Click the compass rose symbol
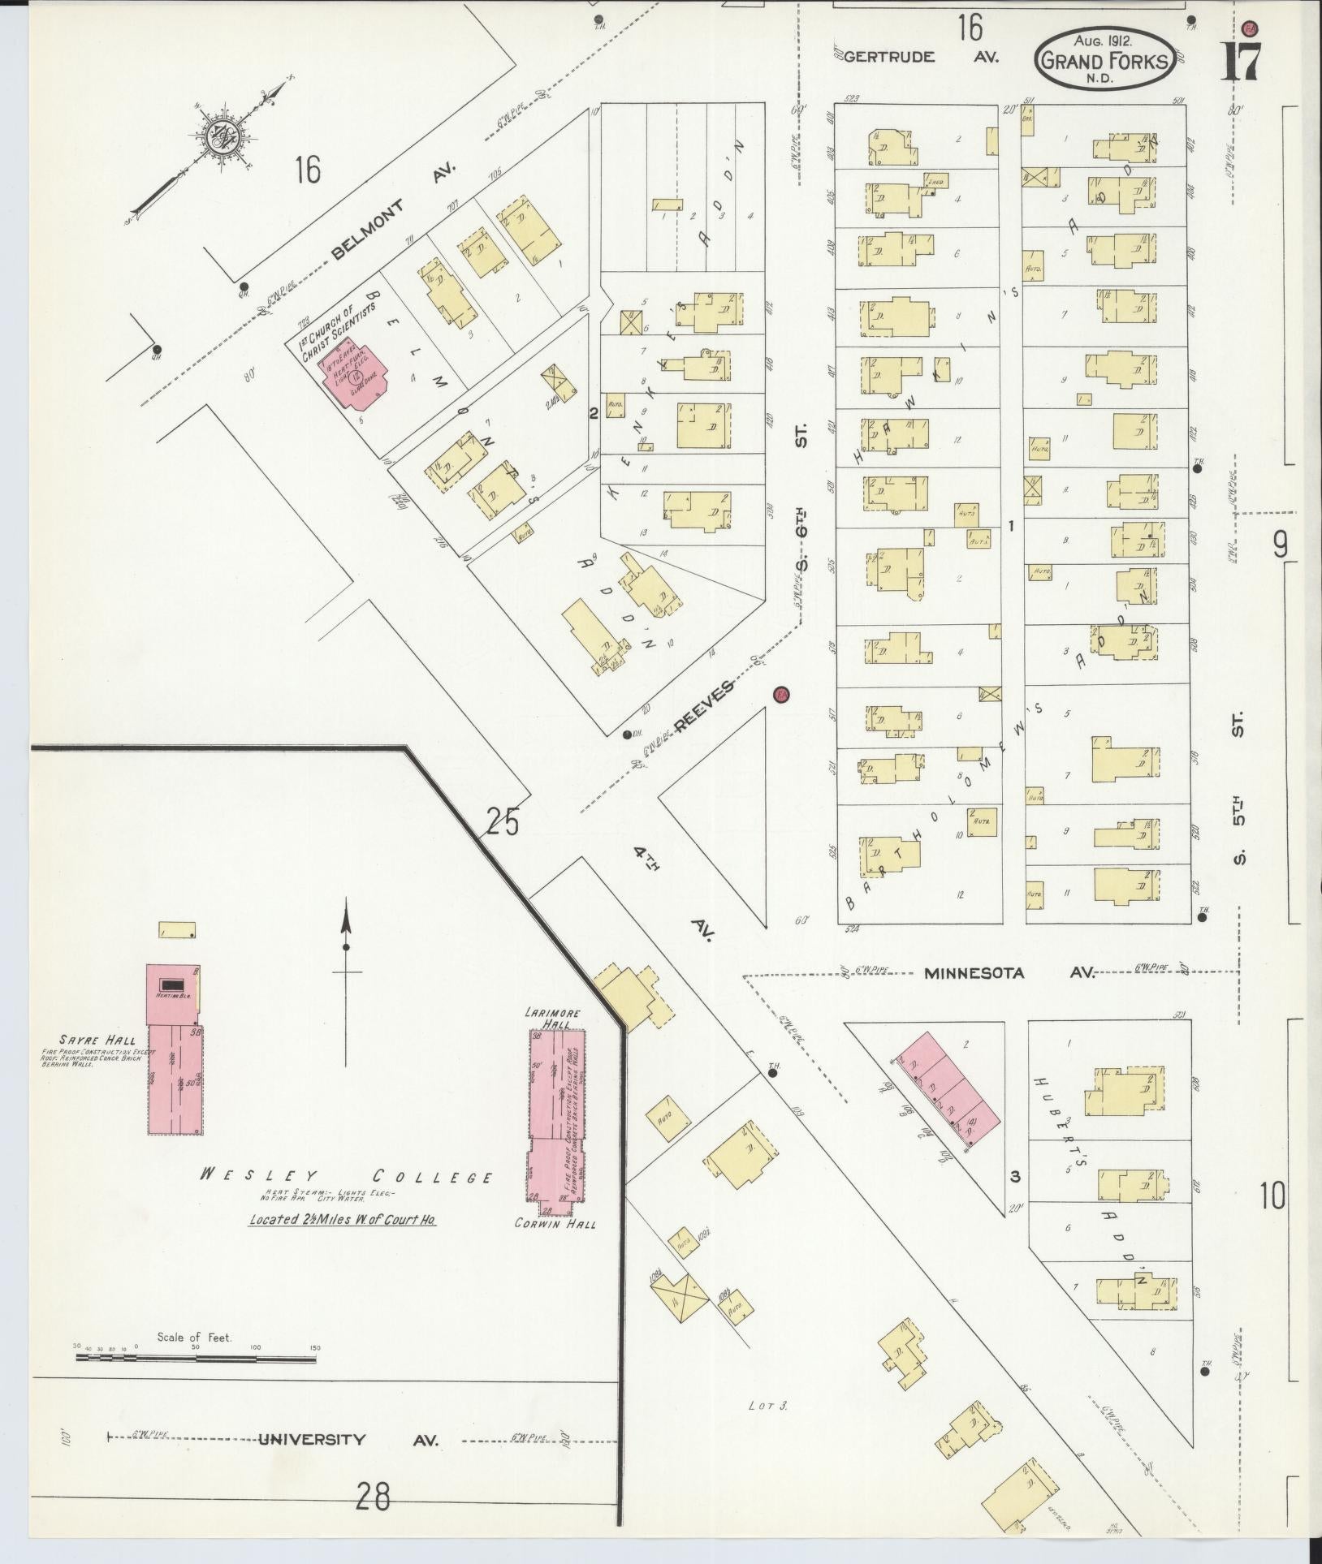click(x=218, y=136)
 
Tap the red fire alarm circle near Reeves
click(x=781, y=694)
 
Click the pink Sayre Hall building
click(x=175, y=1079)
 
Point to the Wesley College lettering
click(x=345, y=1177)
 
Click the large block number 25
click(x=502, y=823)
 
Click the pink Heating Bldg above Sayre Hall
click(x=172, y=994)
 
